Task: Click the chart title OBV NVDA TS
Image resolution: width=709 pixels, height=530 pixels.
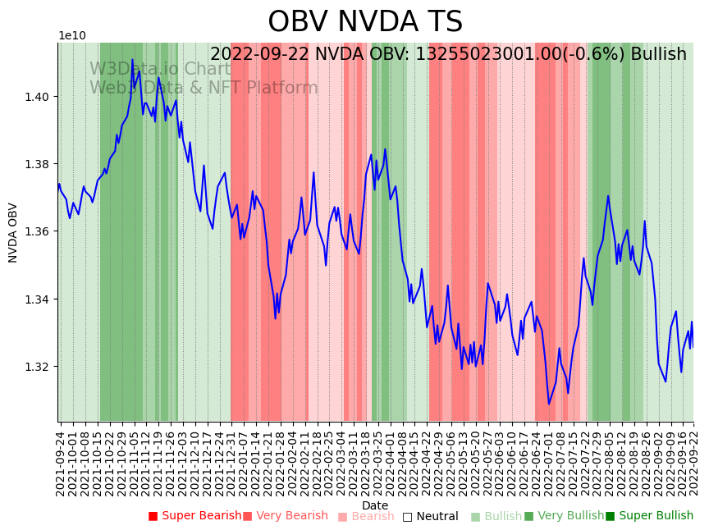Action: (x=365, y=22)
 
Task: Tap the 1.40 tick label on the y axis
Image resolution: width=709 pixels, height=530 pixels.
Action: (x=38, y=97)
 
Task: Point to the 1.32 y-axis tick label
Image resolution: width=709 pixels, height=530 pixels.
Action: (x=38, y=367)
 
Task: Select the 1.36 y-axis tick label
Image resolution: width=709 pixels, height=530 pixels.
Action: (x=38, y=231)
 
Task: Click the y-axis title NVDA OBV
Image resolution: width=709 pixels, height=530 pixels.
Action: (x=13, y=232)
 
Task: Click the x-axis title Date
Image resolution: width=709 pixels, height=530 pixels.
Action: (x=375, y=505)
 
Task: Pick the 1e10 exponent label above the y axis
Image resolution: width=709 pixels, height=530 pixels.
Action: (x=71, y=36)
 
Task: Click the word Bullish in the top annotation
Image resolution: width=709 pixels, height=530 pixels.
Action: (x=656, y=55)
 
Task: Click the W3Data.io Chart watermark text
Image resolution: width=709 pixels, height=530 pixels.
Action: (x=161, y=70)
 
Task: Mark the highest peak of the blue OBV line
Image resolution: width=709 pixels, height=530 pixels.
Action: (x=132, y=60)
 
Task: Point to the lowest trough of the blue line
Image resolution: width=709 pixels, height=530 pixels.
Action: (x=549, y=404)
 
